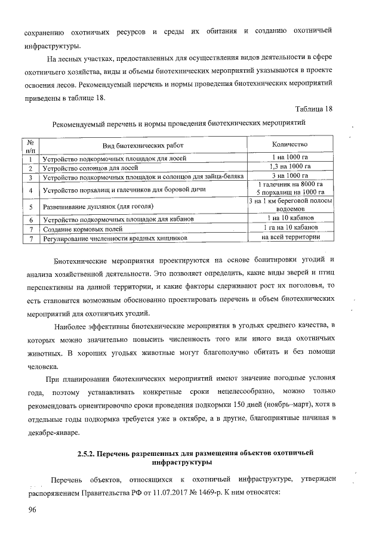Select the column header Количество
(289, 145)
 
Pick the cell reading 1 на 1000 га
(289, 158)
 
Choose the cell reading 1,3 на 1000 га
(289, 166)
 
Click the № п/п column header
(30, 146)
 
